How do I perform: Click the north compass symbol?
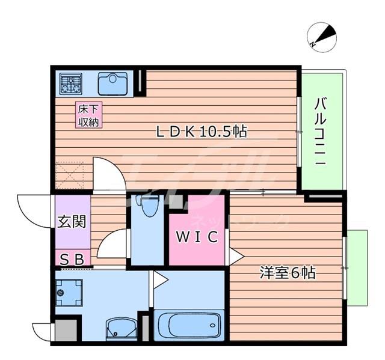(x=322, y=37)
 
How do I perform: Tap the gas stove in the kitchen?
(x=71, y=84)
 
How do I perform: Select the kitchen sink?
(x=112, y=84)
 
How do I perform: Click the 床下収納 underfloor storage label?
(x=88, y=115)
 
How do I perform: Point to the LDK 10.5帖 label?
(x=202, y=132)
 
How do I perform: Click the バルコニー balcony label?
(x=321, y=131)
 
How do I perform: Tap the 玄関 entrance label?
(x=72, y=222)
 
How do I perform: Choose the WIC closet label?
(x=197, y=237)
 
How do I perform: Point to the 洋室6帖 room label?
(x=288, y=272)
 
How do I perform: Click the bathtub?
(x=189, y=325)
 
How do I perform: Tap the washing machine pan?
(x=69, y=293)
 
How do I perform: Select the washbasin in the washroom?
(x=122, y=329)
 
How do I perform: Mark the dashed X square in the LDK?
(x=70, y=175)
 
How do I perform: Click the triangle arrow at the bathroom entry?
(x=161, y=279)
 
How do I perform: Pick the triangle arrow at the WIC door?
(x=236, y=257)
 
